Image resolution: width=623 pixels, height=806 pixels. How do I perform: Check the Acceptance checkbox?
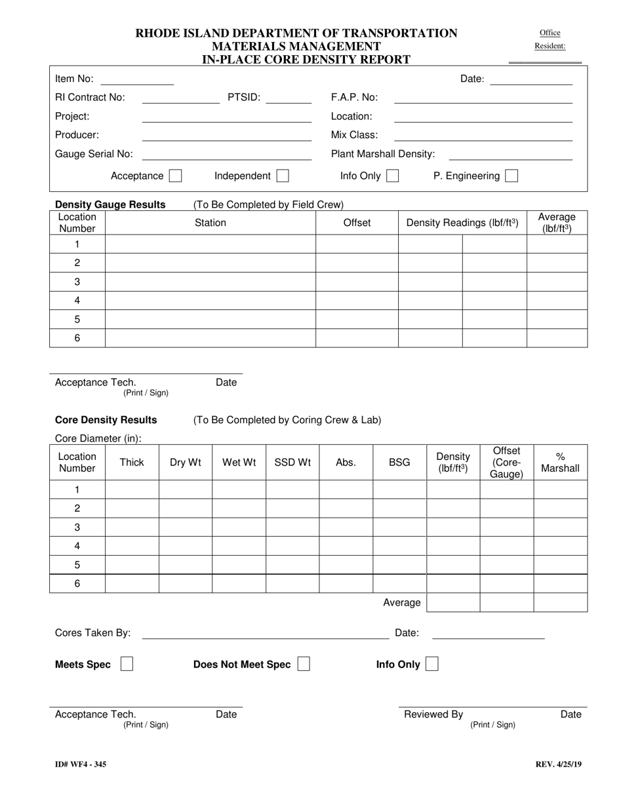pyautogui.click(x=175, y=176)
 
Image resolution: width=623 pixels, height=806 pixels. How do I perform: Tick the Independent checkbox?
pyautogui.click(x=283, y=176)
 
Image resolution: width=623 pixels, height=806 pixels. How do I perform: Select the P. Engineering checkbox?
pyautogui.click(x=512, y=176)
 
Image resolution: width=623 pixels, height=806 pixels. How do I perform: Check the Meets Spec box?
pyautogui.click(x=127, y=664)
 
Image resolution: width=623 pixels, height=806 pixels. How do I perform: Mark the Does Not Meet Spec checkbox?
pyautogui.click(x=304, y=664)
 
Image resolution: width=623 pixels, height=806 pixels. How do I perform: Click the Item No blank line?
pyautogui.click(x=136, y=80)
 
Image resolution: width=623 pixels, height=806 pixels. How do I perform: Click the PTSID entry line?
pyautogui.click(x=289, y=98)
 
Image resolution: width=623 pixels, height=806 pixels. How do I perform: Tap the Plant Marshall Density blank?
pyautogui.click(x=510, y=155)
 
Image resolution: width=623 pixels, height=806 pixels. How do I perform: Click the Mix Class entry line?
pyautogui.click(x=483, y=136)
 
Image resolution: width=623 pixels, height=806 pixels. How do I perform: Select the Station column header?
pyautogui.click(x=210, y=223)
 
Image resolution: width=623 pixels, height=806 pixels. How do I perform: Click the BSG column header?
pyautogui.click(x=399, y=462)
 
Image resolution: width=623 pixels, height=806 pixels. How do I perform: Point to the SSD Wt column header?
pyautogui.click(x=292, y=462)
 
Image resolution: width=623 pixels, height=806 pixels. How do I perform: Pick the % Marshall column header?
pyautogui.click(x=560, y=462)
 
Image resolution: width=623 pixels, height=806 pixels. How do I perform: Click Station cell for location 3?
pyautogui.click(x=210, y=282)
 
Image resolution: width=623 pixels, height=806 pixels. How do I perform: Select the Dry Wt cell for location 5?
pyautogui.click(x=186, y=564)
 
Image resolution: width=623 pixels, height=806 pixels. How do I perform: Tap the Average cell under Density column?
pyautogui.click(x=453, y=602)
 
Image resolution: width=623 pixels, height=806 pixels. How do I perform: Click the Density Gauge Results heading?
pyautogui.click(x=110, y=204)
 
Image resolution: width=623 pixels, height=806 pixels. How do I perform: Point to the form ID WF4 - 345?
pyautogui.click(x=81, y=764)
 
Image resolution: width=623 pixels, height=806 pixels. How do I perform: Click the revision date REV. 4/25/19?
pyautogui.click(x=558, y=764)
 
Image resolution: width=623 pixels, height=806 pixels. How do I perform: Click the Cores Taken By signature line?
pyautogui.click(x=266, y=633)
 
